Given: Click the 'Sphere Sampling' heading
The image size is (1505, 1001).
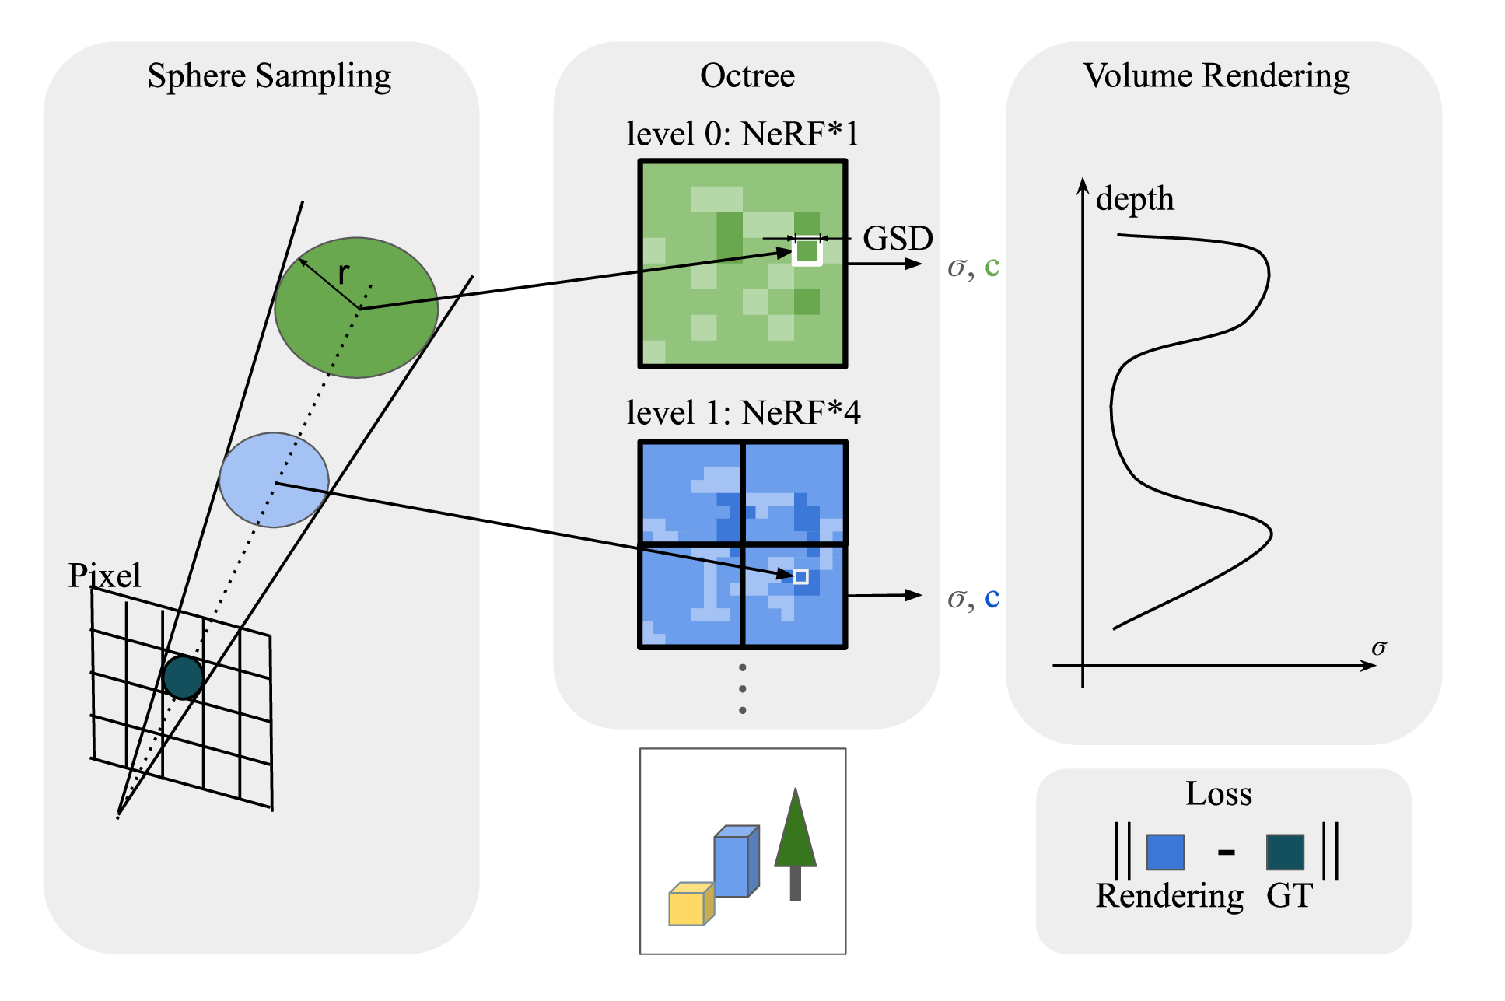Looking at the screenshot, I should pyautogui.click(x=269, y=76).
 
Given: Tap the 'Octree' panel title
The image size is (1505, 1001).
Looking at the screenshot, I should pyautogui.click(x=747, y=76).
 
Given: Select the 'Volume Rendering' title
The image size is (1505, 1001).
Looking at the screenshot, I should pyautogui.click(x=1216, y=76).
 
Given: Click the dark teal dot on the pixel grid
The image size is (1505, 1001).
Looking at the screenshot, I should pyautogui.click(x=184, y=677).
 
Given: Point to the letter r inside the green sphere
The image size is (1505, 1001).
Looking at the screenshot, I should pyautogui.click(x=344, y=272).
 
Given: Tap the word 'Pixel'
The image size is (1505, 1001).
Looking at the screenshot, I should pyautogui.click(x=105, y=576).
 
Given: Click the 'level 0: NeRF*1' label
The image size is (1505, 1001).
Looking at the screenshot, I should pyautogui.click(x=743, y=134).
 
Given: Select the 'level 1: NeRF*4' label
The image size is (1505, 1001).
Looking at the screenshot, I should pyautogui.click(x=744, y=413).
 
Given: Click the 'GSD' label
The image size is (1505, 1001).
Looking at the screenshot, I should pyautogui.click(x=898, y=238).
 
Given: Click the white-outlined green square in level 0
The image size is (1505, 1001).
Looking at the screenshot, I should pyautogui.click(x=807, y=251).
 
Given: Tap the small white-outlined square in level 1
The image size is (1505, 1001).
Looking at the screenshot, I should pyautogui.click(x=800, y=576).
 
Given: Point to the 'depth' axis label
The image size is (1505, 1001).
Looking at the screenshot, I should pyautogui.click(x=1134, y=199).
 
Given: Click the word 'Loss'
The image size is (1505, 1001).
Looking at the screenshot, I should pyautogui.click(x=1219, y=794).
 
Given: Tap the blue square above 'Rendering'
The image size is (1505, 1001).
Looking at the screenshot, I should pyautogui.click(x=1165, y=852).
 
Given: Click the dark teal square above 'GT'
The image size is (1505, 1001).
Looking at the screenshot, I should pyautogui.click(x=1285, y=852).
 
